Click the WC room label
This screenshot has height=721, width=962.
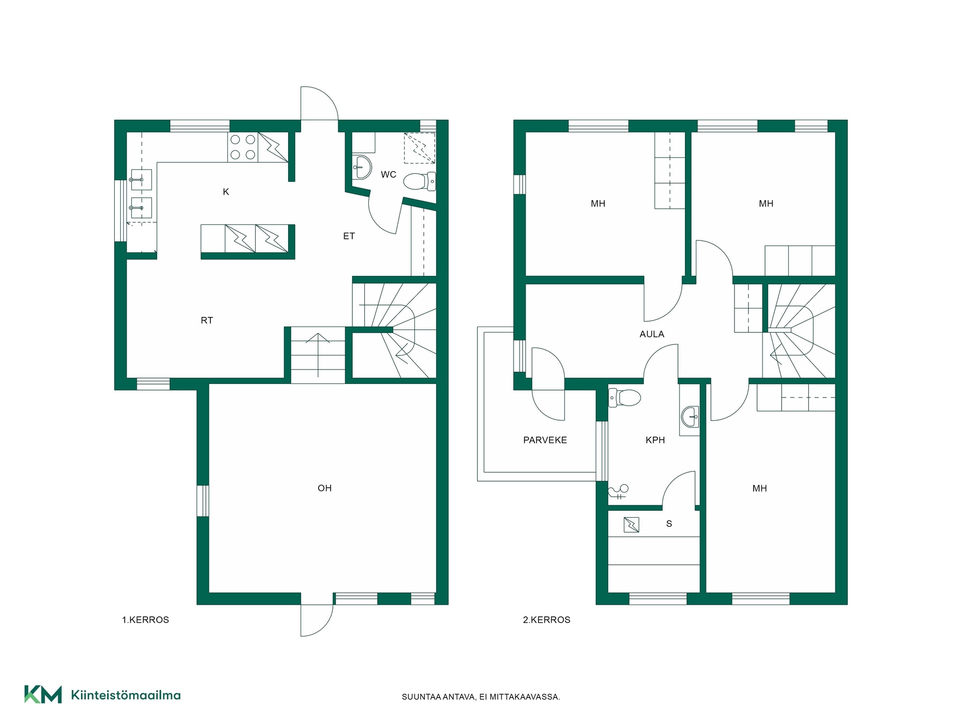point(388,175)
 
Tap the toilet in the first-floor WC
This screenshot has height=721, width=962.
point(419,181)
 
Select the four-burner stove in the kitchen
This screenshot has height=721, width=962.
point(243,147)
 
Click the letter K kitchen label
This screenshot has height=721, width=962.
point(226,192)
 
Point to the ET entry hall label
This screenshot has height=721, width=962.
point(349,236)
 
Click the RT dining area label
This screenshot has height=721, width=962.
point(207,320)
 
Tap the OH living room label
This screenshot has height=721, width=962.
point(325,488)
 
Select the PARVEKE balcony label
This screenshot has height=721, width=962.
point(545,440)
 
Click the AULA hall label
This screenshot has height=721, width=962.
point(652,334)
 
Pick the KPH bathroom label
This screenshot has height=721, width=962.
point(655,440)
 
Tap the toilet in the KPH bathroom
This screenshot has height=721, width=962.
point(624,398)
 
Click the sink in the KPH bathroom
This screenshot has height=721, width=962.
point(689,417)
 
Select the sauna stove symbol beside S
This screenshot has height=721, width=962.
point(631,525)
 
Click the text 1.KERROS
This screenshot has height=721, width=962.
point(145,620)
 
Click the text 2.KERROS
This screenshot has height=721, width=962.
point(547,620)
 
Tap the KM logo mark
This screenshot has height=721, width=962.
point(43,694)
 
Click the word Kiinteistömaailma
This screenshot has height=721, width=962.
point(126,695)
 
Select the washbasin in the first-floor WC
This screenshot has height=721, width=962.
point(362,167)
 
